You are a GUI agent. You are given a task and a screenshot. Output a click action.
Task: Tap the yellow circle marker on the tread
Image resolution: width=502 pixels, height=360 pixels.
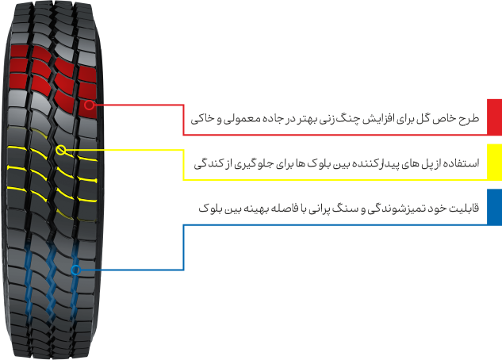pos(62,148)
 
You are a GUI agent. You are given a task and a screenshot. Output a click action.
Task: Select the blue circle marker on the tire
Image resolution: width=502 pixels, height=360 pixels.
pos(75,270)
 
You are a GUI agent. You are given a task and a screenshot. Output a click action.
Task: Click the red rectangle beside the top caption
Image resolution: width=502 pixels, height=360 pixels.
pos(493,118)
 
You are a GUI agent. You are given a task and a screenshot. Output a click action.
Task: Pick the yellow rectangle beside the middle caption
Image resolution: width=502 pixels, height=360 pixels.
pos(493,162)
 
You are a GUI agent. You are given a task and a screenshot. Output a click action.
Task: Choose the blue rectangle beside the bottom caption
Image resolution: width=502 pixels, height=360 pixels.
pos(493,206)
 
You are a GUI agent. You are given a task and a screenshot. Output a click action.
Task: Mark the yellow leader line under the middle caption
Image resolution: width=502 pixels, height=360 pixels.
pos(127,148)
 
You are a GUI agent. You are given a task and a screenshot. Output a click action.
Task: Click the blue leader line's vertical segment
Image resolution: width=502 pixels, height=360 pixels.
pos(183,246)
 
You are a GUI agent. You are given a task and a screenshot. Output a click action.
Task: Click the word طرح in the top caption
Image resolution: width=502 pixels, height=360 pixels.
pos(470,120)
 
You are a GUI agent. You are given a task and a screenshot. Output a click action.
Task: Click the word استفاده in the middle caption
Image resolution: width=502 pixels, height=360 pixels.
pos(461,163)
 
